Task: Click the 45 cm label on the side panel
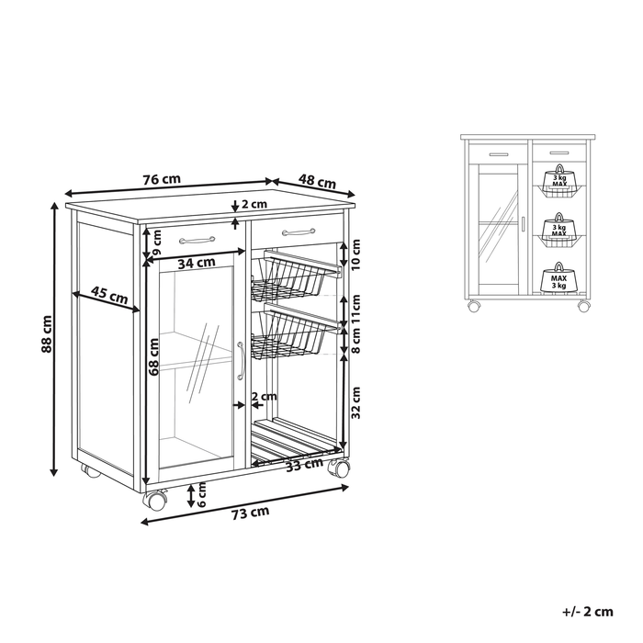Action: coord(110,296)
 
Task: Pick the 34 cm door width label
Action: coord(191,264)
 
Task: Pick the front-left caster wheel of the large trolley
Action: coord(154,501)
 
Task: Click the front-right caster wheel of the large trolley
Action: coord(339,468)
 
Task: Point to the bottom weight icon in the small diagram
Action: coord(558,277)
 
